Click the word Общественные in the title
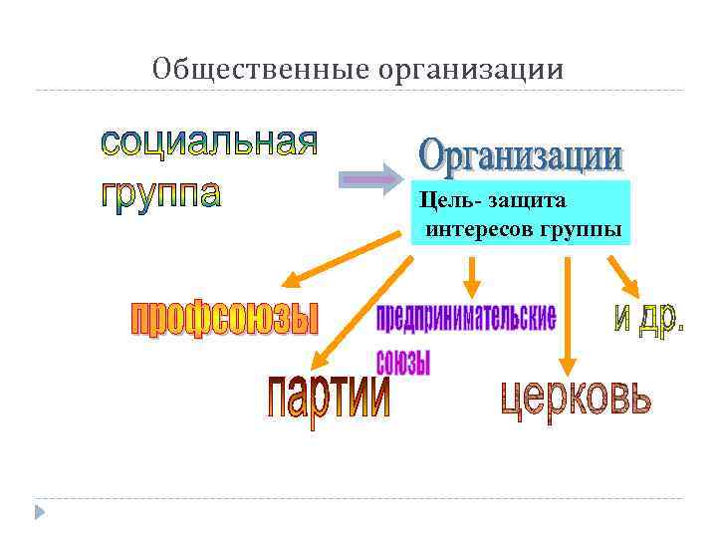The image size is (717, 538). [262, 70]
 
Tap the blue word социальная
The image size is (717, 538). [209, 143]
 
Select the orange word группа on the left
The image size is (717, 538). [160, 192]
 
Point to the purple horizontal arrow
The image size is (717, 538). [369, 180]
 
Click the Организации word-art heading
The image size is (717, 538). [521, 157]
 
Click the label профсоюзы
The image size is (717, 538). [225, 319]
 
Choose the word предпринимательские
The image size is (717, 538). [465, 318]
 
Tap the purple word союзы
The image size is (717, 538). [403, 360]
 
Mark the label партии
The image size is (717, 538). [328, 397]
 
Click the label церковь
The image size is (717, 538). [577, 399]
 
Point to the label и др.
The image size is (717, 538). [647, 318]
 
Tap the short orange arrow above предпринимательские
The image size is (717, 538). [472, 274]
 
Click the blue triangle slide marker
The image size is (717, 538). [40, 512]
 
